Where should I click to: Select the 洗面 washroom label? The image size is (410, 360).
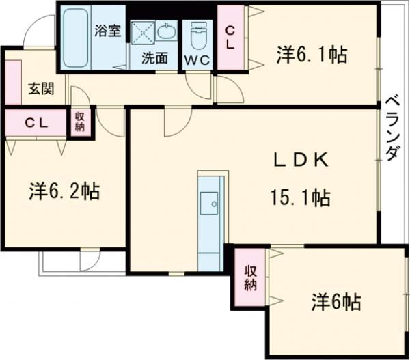(x=154, y=58)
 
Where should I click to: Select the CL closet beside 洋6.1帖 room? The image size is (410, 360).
(x=230, y=38)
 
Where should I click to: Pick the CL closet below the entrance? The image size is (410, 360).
(x=35, y=123)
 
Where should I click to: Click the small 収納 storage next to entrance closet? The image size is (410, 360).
(x=80, y=121)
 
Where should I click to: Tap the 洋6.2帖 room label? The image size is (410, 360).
(x=64, y=191)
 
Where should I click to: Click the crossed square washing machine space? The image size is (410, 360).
(x=143, y=33)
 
